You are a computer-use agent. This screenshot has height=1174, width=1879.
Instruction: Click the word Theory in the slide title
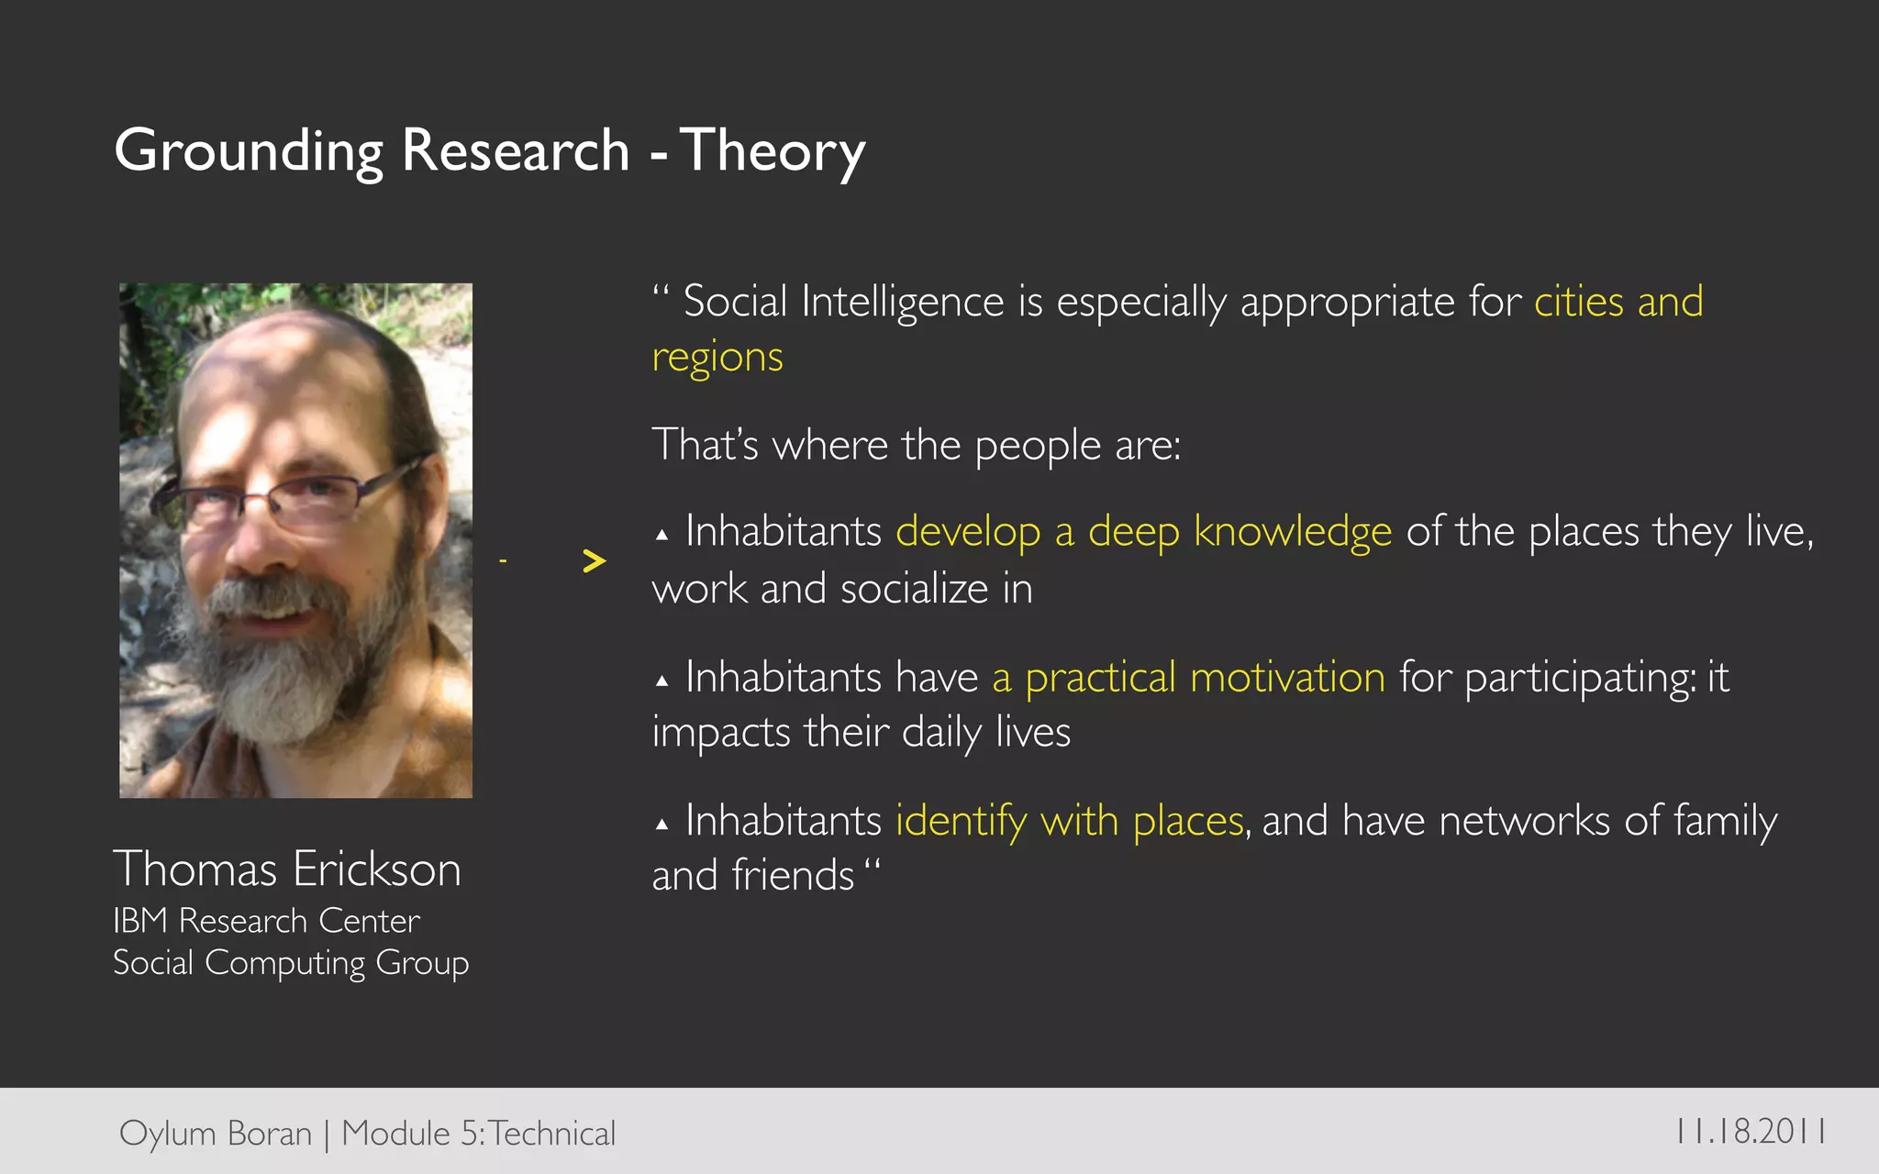[x=772, y=151]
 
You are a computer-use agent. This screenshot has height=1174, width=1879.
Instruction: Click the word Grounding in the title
[x=248, y=151]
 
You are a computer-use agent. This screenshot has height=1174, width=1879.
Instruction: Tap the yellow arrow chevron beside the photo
[x=595, y=560]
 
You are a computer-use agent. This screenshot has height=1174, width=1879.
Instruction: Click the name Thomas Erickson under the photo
[x=286, y=869]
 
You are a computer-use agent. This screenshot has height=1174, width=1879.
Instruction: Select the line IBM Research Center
[x=266, y=920]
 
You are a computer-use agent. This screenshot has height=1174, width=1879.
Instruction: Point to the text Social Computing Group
[x=290, y=963]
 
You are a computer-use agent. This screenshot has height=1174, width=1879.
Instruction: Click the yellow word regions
[x=717, y=358]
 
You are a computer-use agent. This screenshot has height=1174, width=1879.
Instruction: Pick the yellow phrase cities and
[x=1618, y=302]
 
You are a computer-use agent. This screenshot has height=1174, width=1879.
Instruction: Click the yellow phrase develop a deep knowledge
[x=1143, y=532]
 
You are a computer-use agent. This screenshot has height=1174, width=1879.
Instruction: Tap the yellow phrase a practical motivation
[x=1188, y=678]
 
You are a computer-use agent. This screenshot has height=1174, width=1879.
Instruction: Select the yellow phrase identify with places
[x=1069, y=821]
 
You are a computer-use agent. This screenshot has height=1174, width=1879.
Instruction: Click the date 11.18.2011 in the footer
[x=1750, y=1131]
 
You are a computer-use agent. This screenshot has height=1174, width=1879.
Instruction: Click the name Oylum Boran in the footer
[x=216, y=1134]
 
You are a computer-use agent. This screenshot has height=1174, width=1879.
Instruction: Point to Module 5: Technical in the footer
[x=478, y=1134]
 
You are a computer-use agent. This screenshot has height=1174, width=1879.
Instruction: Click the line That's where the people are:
[x=916, y=446]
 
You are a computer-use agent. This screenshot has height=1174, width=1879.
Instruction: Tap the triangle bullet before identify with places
[x=662, y=825]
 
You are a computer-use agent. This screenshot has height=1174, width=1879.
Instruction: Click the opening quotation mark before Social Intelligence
[x=662, y=293]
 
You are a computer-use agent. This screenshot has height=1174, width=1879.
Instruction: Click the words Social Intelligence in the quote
[x=843, y=302]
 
